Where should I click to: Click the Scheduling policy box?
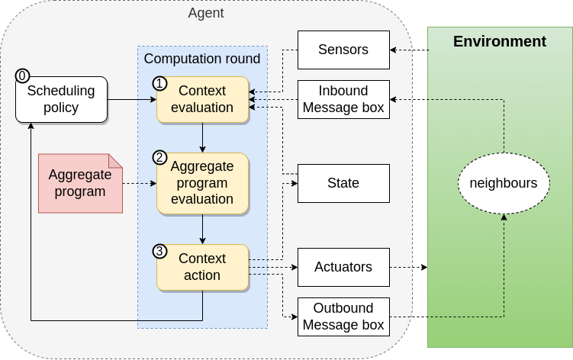coord(61,99)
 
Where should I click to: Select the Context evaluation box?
coord(203,99)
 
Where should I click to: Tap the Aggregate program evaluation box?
coord(203,183)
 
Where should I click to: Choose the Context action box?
coord(203,267)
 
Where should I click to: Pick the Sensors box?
coord(343,50)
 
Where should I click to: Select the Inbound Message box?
coord(343,99)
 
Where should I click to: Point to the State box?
coord(343,183)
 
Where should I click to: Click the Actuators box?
coord(343,267)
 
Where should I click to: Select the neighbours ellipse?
coord(504,183)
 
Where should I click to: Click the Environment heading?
coord(500,42)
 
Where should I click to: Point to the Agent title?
coord(206,14)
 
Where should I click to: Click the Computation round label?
coord(202,59)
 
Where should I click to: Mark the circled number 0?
coord(23,76)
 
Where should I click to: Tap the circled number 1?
coord(160,83)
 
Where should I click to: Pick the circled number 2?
coord(160,158)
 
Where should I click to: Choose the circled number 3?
coord(160,251)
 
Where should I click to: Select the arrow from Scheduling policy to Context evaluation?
coord(131,99)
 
